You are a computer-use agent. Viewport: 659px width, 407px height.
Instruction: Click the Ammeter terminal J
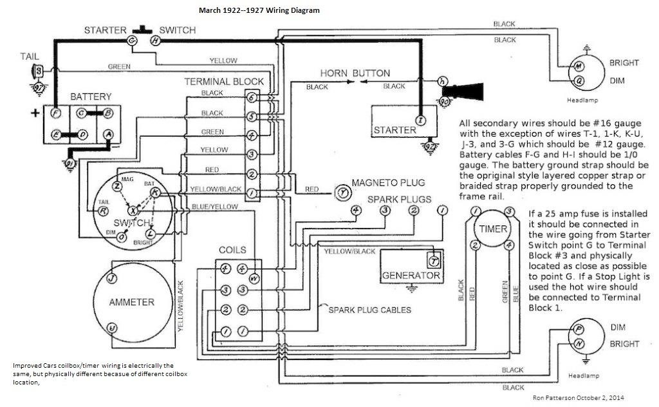(x=111, y=278)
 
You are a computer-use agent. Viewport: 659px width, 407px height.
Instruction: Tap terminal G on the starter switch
(x=132, y=40)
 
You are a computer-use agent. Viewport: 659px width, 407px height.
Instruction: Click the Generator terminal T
(x=433, y=261)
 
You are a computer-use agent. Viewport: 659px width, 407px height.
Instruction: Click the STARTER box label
(x=395, y=130)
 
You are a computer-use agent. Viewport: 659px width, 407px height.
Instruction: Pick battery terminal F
(x=55, y=113)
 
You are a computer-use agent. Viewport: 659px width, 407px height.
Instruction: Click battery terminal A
(x=108, y=134)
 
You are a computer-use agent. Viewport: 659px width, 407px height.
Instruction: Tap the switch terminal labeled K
(x=154, y=192)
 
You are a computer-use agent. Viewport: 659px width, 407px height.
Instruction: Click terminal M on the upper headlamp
(x=579, y=66)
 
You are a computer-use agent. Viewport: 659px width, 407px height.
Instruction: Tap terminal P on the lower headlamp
(x=579, y=328)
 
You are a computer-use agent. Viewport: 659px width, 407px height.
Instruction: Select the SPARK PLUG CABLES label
(x=369, y=310)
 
